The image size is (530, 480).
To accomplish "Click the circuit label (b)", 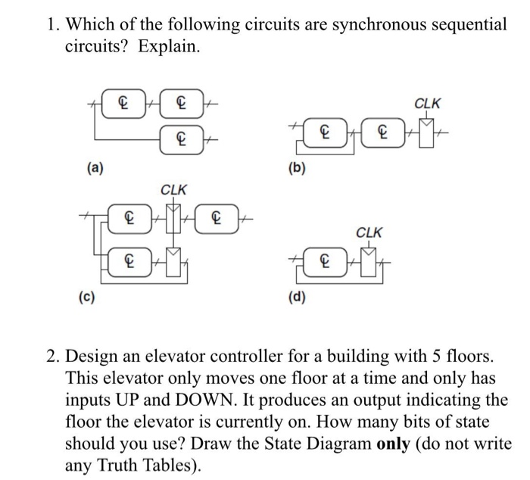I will pyautogui.click(x=296, y=169).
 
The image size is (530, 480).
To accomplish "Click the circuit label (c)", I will pyautogui.click(x=89, y=296).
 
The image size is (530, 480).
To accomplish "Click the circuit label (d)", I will pyautogui.click(x=296, y=296).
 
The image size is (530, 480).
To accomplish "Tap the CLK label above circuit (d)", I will pyautogui.click(x=369, y=232).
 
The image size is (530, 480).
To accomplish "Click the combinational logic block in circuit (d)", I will pyautogui.click(x=326, y=262).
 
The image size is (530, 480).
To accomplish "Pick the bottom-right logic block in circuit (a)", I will pyautogui.click(x=179, y=139).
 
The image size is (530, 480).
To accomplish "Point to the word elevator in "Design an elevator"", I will pyautogui.click(x=179, y=355).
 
